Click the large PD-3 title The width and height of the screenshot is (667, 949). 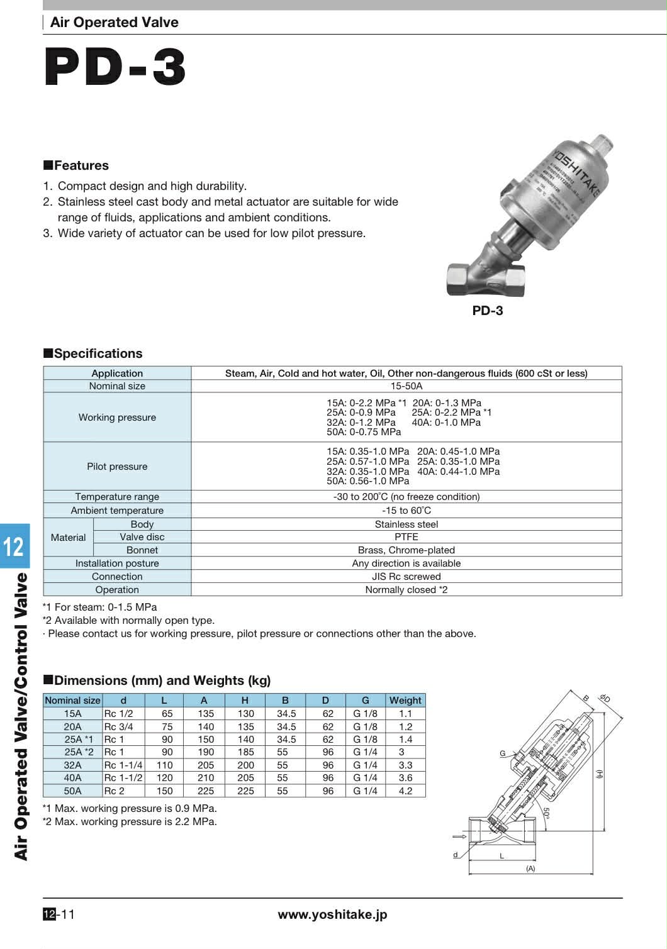point(115,67)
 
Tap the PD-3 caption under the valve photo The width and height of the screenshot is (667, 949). point(488,311)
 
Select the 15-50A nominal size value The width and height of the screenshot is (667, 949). point(406,386)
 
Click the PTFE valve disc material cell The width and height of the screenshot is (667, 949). point(406,537)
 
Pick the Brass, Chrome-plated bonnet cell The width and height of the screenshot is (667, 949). point(406,550)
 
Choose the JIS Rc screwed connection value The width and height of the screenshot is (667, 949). point(406,577)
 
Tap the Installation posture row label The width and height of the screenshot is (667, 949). point(117,563)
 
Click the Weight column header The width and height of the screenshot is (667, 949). point(405,701)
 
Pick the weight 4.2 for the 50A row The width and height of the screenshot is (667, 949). point(405,791)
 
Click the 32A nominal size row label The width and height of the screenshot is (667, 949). point(72,765)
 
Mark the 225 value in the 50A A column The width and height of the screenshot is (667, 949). point(206,791)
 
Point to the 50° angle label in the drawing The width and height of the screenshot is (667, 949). point(546,813)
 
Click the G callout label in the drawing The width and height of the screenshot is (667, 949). point(503,753)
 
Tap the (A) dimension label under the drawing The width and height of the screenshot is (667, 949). point(530,869)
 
